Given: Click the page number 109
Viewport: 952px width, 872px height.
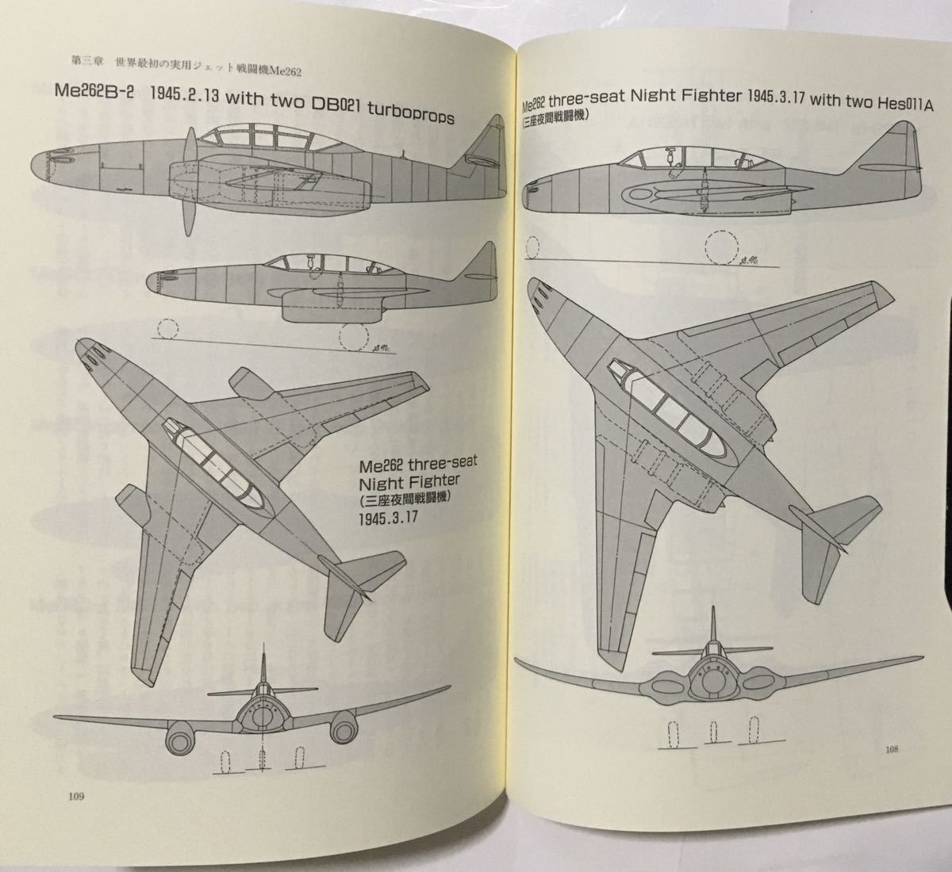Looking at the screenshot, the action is click(x=76, y=796).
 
